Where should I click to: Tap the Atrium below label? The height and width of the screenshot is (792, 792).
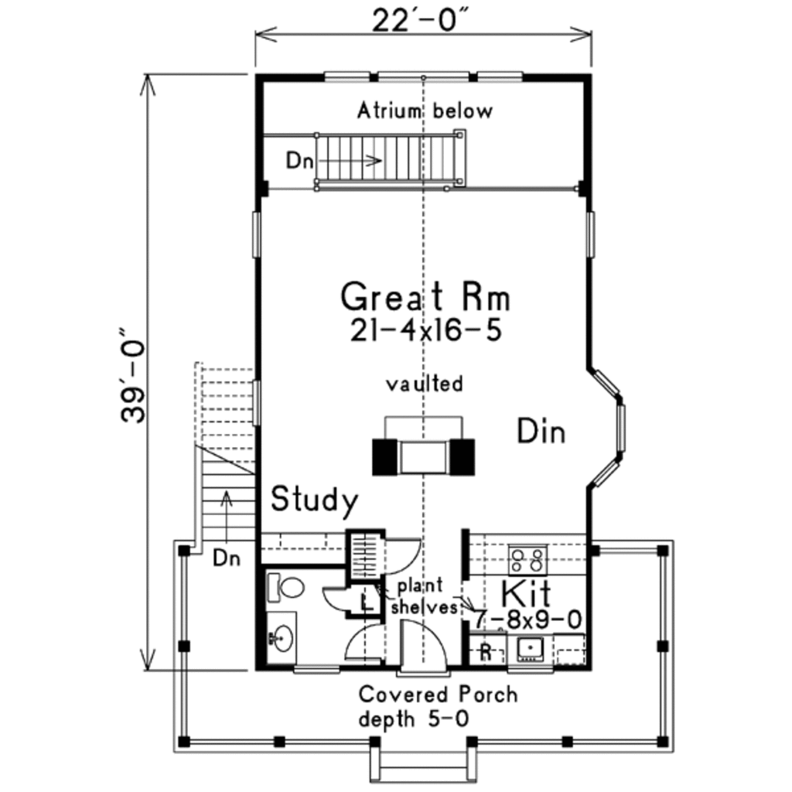424,111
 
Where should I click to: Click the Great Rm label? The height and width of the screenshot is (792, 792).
425,297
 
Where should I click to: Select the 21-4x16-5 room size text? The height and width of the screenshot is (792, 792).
425,330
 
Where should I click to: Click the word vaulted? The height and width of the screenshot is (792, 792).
425,384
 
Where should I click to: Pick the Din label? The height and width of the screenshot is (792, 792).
541,432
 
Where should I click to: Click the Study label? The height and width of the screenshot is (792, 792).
314,501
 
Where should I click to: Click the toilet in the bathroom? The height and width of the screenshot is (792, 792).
287,586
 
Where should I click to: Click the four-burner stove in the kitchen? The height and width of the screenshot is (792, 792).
527,558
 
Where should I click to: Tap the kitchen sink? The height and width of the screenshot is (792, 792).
531,648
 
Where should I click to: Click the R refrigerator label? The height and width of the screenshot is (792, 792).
486,651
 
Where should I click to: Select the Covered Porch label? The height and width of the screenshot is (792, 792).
438,694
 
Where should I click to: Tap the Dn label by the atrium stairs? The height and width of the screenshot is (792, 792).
299,161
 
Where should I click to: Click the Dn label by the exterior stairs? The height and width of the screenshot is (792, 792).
226,557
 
